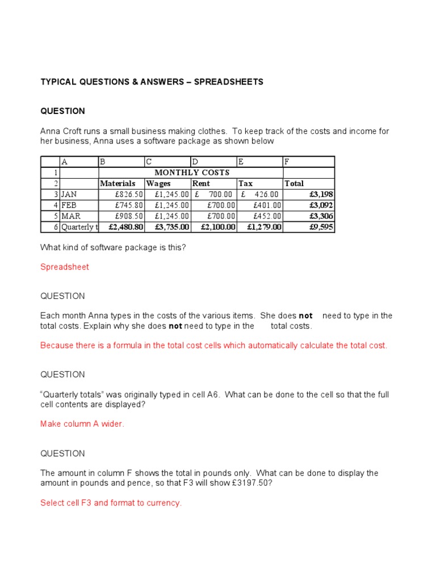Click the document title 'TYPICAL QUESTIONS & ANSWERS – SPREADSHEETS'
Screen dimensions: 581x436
click(x=152, y=82)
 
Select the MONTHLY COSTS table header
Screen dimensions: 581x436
click(x=192, y=172)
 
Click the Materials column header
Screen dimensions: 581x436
click(x=118, y=183)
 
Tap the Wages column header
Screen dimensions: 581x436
click(x=158, y=183)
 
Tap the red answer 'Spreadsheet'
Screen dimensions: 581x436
click(x=65, y=267)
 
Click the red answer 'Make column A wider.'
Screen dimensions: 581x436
click(x=82, y=424)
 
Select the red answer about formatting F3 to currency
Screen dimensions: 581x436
click(x=111, y=503)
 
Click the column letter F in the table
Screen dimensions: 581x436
click(x=287, y=162)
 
